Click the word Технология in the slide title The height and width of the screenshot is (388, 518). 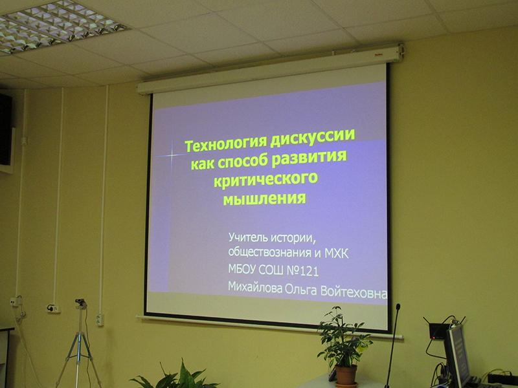point(225,144)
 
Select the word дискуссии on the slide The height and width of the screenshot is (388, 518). point(313,138)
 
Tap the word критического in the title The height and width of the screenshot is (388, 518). point(266,179)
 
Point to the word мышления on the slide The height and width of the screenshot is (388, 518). point(265,199)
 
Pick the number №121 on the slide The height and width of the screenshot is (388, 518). point(302,270)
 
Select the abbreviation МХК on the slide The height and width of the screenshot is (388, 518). point(337,253)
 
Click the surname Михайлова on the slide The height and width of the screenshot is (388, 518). point(255,287)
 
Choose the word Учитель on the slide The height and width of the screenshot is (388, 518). point(248,237)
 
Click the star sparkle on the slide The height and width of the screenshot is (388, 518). point(172,155)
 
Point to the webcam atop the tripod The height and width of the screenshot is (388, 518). point(80,303)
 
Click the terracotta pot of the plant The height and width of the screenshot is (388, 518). point(346,376)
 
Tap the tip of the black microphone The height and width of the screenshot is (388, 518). point(398,307)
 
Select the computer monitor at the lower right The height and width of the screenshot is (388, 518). point(457,356)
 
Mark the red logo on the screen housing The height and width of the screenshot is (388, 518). point(378,55)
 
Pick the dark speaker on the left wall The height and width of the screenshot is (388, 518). point(6,129)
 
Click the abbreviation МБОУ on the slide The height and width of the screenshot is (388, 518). point(242,269)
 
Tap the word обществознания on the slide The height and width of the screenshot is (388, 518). point(270,252)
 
